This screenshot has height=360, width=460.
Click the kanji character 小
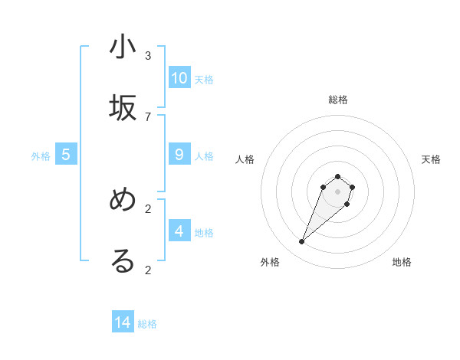point(123,47)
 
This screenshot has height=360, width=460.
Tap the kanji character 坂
point(123,108)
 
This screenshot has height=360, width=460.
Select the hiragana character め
point(123,201)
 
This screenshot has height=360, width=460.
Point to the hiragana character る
point(123,261)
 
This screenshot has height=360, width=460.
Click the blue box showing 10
point(179,77)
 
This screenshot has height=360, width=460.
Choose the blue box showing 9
point(179,155)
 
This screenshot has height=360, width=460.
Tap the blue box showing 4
point(179,231)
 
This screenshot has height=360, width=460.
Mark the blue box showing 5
point(66,155)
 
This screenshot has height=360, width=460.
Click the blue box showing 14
point(123,322)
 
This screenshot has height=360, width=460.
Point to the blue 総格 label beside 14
point(147,324)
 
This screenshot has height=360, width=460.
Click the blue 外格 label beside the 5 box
point(41,156)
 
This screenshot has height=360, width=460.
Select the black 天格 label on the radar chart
point(431,159)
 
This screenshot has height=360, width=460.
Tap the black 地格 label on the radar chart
point(402,262)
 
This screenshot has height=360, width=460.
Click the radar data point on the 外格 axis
point(302,242)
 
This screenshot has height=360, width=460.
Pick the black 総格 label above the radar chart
point(337,100)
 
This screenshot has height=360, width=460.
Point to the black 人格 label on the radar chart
point(245,159)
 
